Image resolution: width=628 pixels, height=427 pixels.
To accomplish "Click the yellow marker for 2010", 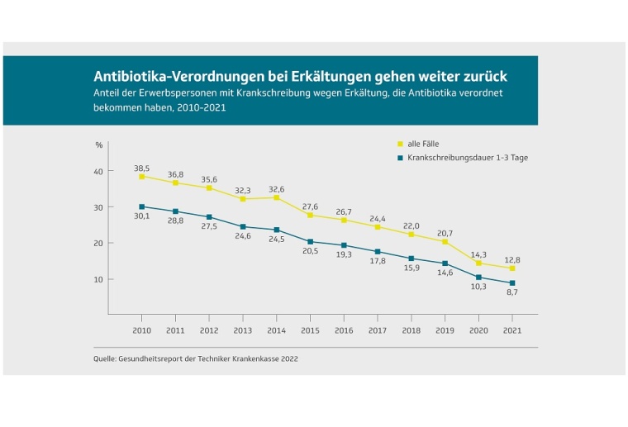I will point(141,177).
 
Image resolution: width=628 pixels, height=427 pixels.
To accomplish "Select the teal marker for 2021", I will point(512,283).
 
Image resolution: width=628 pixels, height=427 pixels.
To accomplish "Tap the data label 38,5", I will point(141,168).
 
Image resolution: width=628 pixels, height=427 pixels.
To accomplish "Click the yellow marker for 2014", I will point(277,197).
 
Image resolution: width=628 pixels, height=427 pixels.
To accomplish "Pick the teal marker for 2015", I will point(310,242).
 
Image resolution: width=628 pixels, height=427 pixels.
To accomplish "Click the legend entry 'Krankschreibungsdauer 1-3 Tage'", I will point(467,157).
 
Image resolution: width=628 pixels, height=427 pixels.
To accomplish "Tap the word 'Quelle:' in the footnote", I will point(105,359).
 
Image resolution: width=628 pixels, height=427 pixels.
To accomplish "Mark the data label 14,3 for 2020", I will point(479,254).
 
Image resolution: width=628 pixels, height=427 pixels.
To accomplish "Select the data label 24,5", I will point(277,240).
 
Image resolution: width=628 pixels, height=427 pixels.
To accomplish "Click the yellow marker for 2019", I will point(445,242).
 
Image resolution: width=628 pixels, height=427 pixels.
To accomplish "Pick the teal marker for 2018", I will point(412,259).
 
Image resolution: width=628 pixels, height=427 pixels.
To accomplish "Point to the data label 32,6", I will point(277,188).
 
